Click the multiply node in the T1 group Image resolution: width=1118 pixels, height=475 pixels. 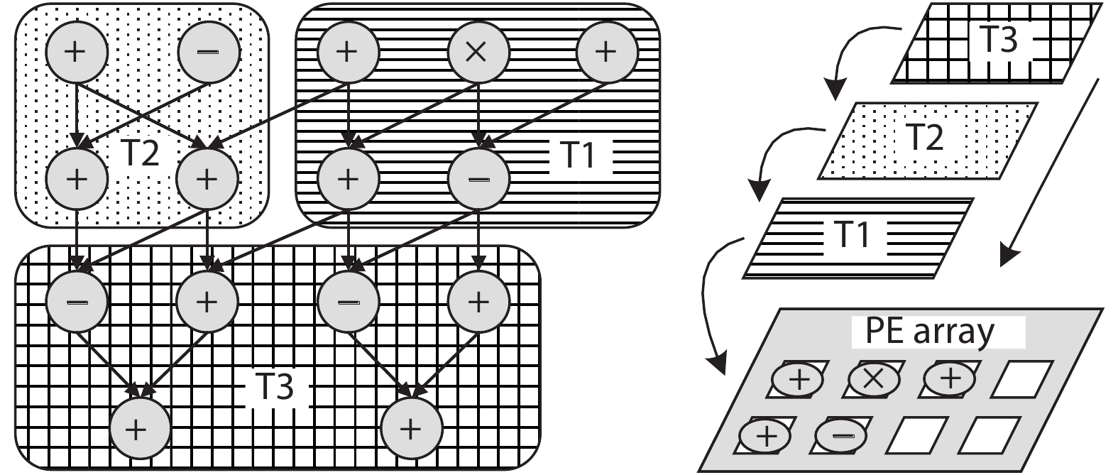point(478,53)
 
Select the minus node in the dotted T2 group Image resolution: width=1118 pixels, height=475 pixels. point(209,53)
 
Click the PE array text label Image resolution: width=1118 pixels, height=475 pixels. point(930,331)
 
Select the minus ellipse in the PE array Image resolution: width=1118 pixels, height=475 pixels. point(841,435)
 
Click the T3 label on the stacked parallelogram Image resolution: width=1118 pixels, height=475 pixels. point(998,40)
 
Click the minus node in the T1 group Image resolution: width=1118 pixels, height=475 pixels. point(478,178)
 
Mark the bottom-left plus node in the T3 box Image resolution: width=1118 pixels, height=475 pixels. point(139,428)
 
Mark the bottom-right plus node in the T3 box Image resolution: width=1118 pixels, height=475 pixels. point(412,428)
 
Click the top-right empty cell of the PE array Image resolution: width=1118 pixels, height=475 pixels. point(1021,380)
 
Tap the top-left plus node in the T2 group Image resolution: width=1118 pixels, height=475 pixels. point(77,53)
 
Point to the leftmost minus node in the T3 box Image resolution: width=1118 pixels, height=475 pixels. point(77,301)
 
